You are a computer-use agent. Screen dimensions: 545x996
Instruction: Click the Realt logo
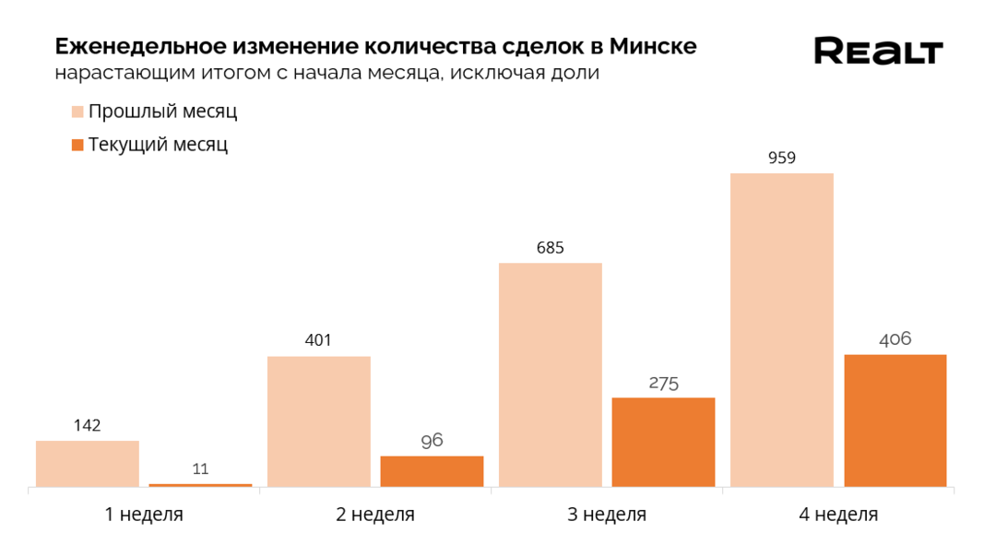pyautogui.click(x=878, y=51)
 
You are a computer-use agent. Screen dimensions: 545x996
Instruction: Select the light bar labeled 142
pyautogui.click(x=88, y=463)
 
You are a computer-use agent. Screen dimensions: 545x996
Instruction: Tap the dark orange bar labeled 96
pyautogui.click(x=432, y=471)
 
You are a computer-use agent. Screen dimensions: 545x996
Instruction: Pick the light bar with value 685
pyautogui.click(x=551, y=374)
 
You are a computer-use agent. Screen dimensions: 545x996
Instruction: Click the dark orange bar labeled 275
pyautogui.click(x=663, y=442)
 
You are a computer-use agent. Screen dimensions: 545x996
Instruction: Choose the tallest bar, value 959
pyautogui.click(x=781, y=329)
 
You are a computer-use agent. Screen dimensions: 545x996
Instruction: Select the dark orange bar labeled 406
pyautogui.click(x=895, y=421)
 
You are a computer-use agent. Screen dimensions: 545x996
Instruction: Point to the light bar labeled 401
pyautogui.click(x=318, y=421)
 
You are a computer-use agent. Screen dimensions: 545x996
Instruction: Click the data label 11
pyautogui.click(x=200, y=469)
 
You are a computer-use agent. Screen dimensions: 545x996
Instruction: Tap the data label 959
pyautogui.click(x=781, y=158)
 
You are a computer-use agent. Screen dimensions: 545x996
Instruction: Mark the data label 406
pyautogui.click(x=895, y=339)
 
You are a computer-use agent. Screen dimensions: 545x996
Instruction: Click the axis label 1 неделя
pyautogui.click(x=144, y=515)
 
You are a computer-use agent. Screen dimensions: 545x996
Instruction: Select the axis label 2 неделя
pyautogui.click(x=375, y=515)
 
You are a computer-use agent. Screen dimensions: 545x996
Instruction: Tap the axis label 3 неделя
pyautogui.click(x=607, y=515)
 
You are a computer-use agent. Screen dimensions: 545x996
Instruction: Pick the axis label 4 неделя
pyautogui.click(x=838, y=515)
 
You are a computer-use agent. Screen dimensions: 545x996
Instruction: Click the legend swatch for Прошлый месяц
pyautogui.click(x=77, y=112)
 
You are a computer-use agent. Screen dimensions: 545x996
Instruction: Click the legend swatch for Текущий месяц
pyautogui.click(x=77, y=144)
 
